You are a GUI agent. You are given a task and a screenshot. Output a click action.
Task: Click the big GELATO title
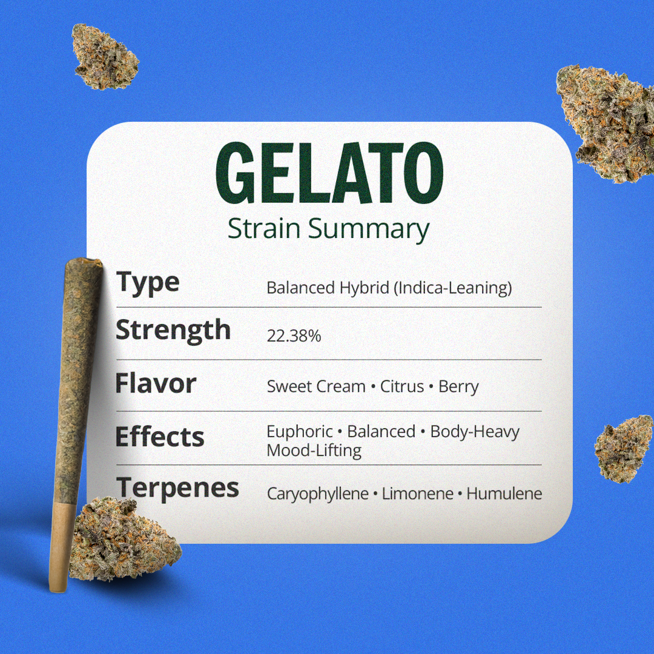point(329,173)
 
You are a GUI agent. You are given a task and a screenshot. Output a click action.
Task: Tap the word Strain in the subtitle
point(264,228)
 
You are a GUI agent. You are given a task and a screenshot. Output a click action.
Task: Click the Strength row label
point(173,331)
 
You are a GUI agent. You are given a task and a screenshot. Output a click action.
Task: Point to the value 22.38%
point(294,335)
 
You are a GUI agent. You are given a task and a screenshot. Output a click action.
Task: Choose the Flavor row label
point(156,383)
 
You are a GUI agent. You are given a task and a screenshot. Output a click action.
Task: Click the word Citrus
point(401,386)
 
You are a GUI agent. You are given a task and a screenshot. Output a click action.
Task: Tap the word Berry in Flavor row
point(458,387)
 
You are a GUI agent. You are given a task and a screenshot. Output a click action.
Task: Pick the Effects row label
point(160,436)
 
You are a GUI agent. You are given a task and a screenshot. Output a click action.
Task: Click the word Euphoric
point(300,432)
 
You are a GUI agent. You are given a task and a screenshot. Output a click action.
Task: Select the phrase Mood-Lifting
point(314,451)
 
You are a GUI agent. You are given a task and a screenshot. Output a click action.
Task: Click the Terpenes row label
point(177,488)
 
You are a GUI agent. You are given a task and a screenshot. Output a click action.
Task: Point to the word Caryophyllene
point(318,494)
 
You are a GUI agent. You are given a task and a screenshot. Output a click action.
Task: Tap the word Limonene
point(417,494)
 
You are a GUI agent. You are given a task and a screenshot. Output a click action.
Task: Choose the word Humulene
point(504,494)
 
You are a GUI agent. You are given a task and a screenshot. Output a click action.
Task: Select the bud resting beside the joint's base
point(124,540)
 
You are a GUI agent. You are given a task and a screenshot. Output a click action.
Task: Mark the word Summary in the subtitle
point(369,230)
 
